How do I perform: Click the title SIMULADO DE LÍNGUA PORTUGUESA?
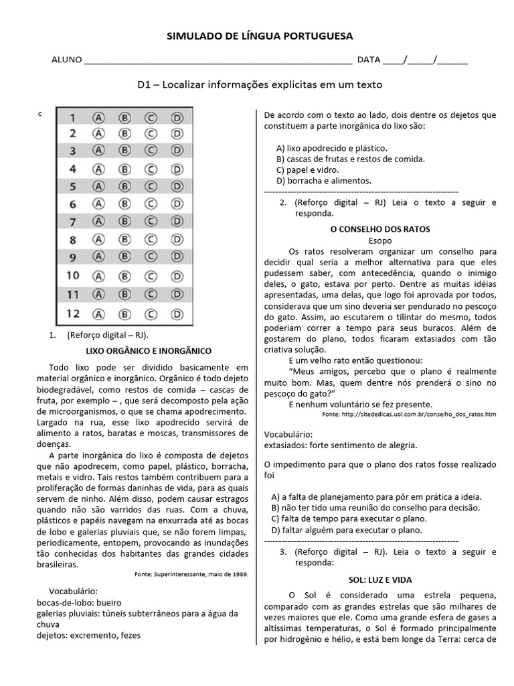coord(260,36)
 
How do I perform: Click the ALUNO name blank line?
coord(218,60)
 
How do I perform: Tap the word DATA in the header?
coord(369,60)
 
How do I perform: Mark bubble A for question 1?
coord(99,117)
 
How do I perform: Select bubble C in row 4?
coord(151,169)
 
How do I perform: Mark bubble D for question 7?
coord(177,220)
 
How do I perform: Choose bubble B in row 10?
coord(124,275)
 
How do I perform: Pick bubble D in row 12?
coord(177,312)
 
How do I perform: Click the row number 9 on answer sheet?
coord(73,256)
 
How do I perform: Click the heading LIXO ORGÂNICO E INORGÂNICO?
coord(149,350)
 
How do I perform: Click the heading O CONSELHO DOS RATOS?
coord(380,228)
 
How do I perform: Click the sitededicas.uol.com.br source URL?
coord(410,415)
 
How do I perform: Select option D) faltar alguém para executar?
coord(346,529)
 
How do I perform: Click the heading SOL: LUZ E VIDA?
coord(380,579)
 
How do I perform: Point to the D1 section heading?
coord(260,84)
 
